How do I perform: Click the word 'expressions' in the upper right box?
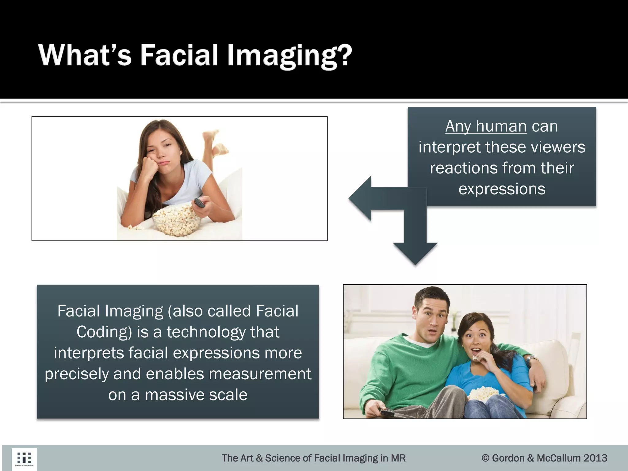(502, 189)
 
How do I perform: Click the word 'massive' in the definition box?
(174, 395)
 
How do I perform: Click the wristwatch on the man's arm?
(532, 359)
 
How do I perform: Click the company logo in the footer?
(24, 459)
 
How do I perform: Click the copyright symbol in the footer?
(485, 458)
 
